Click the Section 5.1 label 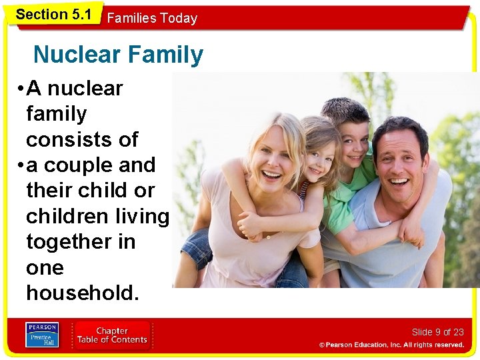click(x=53, y=14)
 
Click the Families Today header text click(x=152, y=18)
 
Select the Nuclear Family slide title click(x=118, y=55)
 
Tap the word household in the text click(x=83, y=293)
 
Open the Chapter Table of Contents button click(x=111, y=335)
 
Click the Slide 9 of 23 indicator click(x=437, y=332)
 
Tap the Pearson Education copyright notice click(x=391, y=345)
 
